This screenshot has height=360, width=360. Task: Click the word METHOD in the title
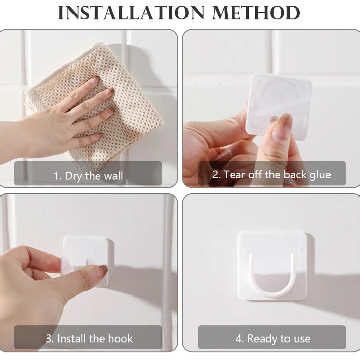256,13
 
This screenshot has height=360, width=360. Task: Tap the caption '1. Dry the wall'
88,176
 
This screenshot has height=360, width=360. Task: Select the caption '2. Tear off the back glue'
271,175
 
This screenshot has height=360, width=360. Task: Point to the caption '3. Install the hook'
89,339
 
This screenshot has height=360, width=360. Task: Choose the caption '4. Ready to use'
273,339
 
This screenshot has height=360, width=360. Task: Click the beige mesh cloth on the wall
96,103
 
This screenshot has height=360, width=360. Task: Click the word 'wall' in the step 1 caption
113,176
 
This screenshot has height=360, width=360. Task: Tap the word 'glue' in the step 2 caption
320,175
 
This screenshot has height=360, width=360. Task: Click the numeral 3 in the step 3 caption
49,339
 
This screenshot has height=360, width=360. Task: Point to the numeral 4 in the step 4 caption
239,339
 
